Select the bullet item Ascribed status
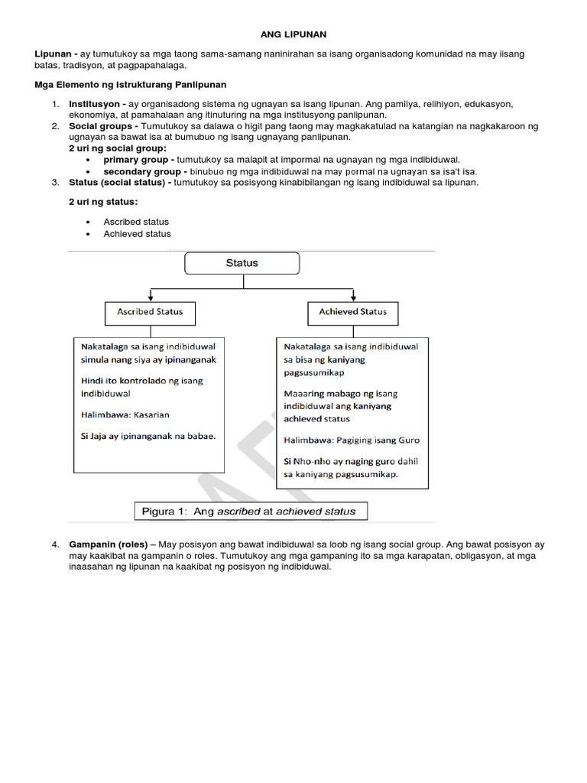click(x=136, y=222)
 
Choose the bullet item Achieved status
click(x=137, y=234)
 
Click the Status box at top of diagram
click(x=242, y=264)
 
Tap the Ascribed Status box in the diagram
click(x=151, y=313)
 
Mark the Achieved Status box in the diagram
click(x=352, y=313)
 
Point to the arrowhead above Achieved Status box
click(x=352, y=297)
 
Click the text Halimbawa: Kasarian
click(x=125, y=415)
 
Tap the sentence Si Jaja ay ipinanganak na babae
click(x=148, y=437)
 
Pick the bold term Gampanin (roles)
click(x=104, y=544)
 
